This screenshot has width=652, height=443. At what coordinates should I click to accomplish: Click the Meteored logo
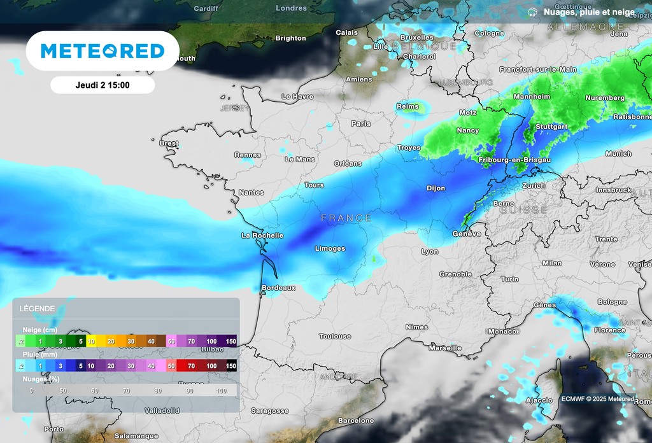(103, 51)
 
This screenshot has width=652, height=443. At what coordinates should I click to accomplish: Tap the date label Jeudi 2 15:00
(103, 85)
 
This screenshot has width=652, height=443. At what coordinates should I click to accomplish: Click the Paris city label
(360, 123)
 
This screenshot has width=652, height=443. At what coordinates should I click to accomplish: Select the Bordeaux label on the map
(278, 288)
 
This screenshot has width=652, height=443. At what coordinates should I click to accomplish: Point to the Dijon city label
(436, 188)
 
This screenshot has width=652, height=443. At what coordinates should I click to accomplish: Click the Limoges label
(330, 248)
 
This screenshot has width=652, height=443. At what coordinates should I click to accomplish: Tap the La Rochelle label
(262, 236)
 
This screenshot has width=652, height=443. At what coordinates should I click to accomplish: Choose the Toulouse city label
(335, 336)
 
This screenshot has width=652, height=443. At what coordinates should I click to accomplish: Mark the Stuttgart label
(551, 127)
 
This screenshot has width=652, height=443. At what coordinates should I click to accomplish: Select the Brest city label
(169, 143)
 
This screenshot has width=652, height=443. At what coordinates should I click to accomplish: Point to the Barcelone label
(356, 421)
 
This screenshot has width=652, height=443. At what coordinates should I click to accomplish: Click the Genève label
(467, 234)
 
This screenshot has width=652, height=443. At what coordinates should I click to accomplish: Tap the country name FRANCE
(346, 218)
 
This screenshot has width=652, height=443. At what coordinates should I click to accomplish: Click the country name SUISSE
(523, 209)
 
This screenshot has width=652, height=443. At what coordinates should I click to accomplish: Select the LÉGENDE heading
(38, 309)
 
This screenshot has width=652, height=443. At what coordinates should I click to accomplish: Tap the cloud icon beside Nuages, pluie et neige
(532, 12)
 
